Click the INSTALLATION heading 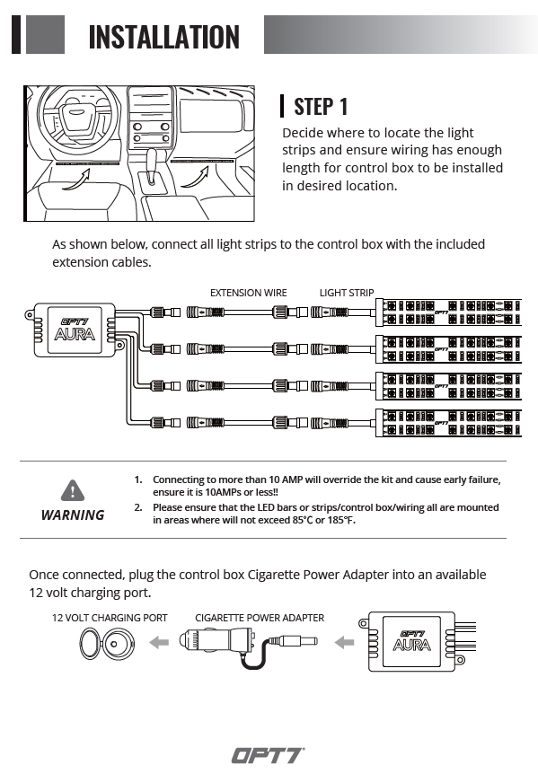[x=163, y=37]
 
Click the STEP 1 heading [x=321, y=107]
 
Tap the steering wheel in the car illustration [x=79, y=115]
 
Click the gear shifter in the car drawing [x=152, y=167]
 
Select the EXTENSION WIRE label [x=248, y=293]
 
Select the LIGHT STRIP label [x=347, y=293]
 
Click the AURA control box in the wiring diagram [x=75, y=330]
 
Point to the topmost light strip [x=449, y=312]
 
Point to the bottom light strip [x=449, y=423]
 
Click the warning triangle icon [x=73, y=490]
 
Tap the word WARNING [x=73, y=515]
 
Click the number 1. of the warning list [x=138, y=479]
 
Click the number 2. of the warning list [x=138, y=507]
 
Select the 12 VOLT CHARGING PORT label [x=110, y=618]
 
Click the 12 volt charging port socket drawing [x=107, y=644]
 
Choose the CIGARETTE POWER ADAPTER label [x=260, y=618]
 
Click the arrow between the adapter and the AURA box [x=344, y=642]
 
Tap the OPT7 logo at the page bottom [x=268, y=755]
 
